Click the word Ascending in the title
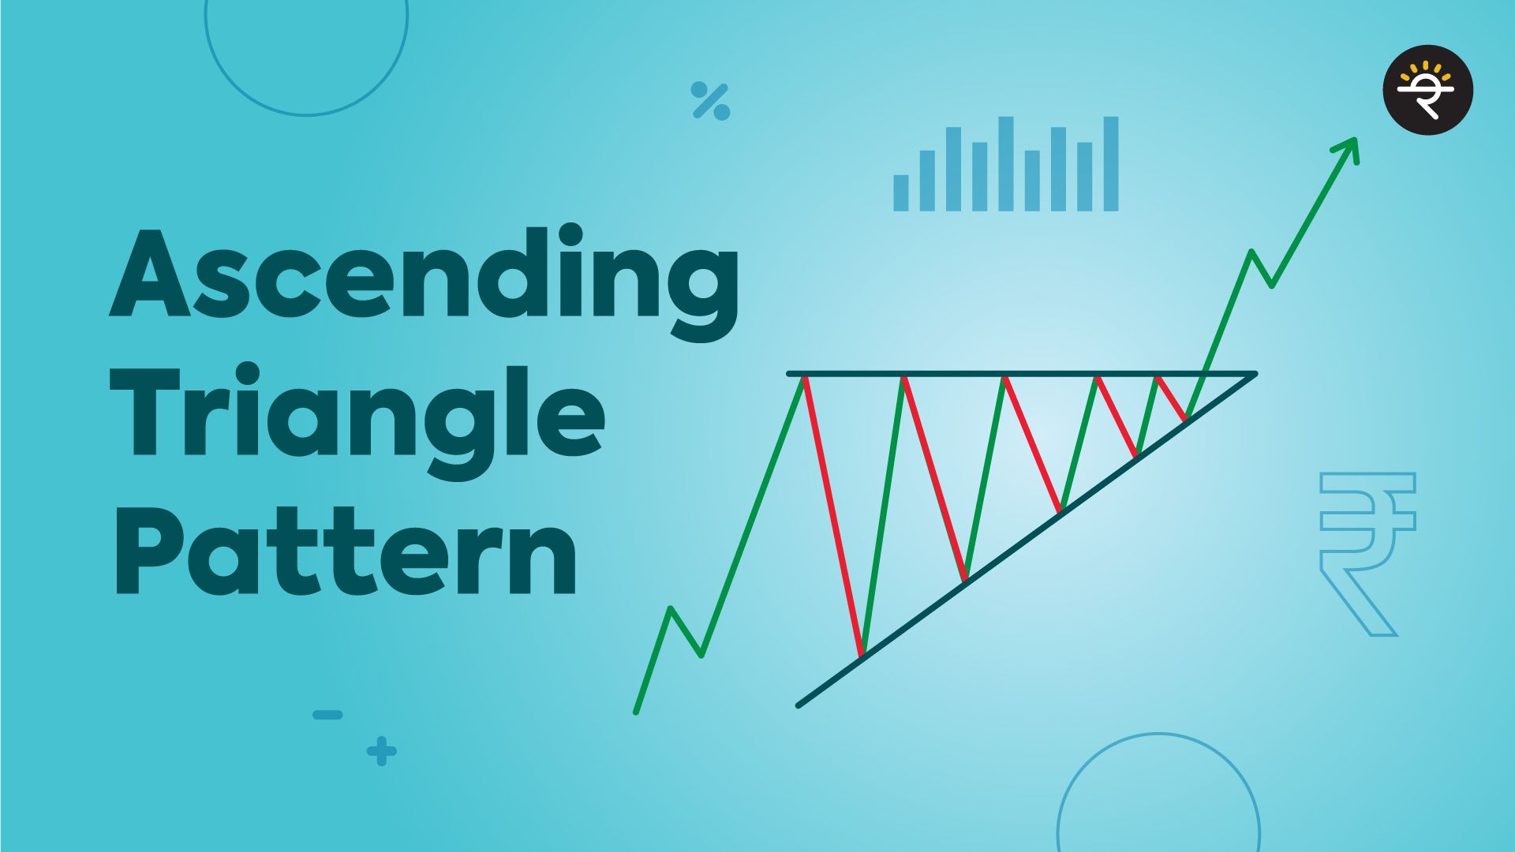[424, 276]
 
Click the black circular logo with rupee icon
[1427, 90]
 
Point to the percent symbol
[710, 101]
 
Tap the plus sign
[382, 751]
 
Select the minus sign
[327, 716]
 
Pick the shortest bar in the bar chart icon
[900, 192]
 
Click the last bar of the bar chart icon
[1110, 164]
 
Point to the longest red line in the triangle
[833, 517]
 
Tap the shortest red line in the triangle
[1171, 398]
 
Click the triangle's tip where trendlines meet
[1253, 375]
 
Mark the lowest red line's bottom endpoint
[862, 655]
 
